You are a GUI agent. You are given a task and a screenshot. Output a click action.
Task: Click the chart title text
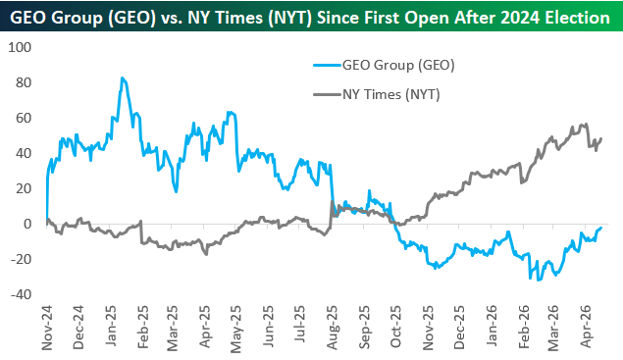310,18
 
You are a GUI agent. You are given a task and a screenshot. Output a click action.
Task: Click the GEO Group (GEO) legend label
398,65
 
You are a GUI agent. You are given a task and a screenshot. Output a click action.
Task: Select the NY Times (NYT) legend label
391,94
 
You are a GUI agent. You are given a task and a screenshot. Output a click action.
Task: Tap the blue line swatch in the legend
328,65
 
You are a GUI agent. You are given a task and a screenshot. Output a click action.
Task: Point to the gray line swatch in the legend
328,94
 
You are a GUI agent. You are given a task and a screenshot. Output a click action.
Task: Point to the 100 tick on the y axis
20,47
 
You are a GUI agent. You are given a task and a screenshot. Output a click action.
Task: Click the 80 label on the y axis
23,82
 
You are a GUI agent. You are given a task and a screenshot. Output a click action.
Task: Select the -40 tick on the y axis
21,294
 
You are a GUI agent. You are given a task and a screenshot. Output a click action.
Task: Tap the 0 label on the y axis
27,224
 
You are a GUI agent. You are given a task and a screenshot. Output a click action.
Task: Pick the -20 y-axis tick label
21,259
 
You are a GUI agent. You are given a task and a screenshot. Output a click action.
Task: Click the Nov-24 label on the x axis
47,328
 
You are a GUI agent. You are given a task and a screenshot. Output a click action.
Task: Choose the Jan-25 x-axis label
111,326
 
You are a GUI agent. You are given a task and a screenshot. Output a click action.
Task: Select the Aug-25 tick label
333,328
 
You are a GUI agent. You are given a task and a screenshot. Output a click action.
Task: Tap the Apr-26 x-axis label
586,327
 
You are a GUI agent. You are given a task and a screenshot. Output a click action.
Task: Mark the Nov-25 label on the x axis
428,328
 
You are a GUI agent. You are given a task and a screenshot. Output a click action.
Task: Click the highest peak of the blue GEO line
122,77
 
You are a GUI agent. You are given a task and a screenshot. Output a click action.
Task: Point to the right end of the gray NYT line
601,138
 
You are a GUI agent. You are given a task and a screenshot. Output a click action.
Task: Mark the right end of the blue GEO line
601,228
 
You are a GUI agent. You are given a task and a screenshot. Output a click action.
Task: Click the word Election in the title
578,18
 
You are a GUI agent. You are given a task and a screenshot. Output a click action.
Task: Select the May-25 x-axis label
236,329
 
